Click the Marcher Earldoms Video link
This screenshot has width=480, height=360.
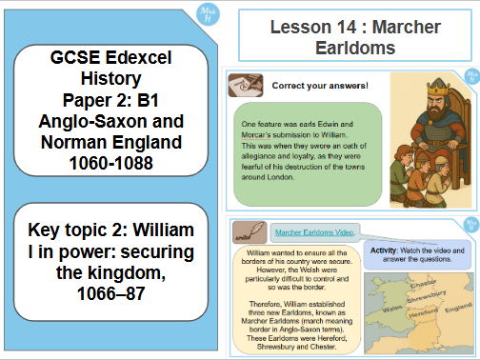[x=315, y=231]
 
